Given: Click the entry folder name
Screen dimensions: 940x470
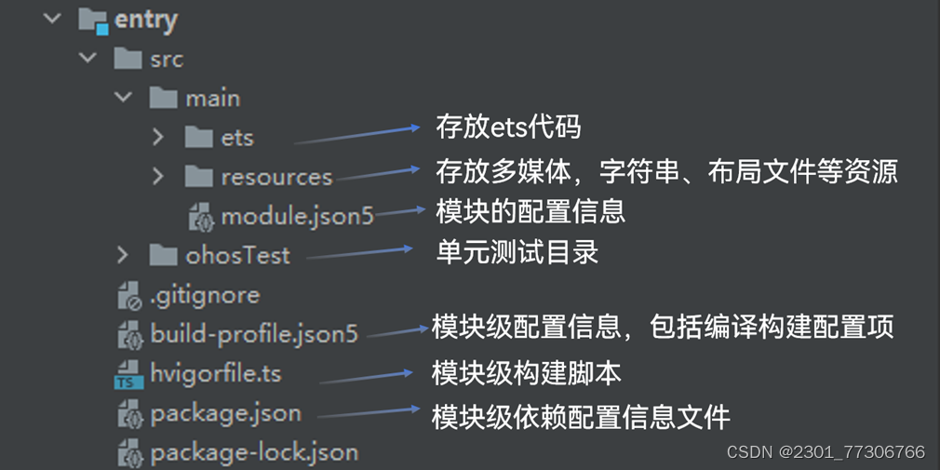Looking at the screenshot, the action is click(146, 20).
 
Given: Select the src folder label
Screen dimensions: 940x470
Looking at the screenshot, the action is click(167, 59).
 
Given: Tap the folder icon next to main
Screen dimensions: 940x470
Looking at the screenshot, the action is click(163, 98).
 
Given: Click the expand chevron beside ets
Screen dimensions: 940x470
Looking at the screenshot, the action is click(158, 137).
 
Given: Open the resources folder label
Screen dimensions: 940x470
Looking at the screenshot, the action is click(276, 177).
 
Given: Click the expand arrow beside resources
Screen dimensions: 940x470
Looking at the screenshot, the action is click(158, 177).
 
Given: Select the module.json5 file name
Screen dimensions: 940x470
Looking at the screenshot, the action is click(297, 217).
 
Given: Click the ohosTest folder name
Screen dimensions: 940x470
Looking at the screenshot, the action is click(237, 255).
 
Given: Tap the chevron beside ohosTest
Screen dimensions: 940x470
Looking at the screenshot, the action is click(123, 255).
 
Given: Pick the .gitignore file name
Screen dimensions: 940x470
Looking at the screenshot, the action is click(205, 295).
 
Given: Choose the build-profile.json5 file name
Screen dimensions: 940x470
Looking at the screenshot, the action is click(254, 334).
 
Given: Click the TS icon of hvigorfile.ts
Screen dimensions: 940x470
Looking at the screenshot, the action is click(128, 375).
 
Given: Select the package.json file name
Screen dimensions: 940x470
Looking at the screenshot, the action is click(225, 413).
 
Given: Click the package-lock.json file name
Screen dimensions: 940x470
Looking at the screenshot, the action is click(254, 453).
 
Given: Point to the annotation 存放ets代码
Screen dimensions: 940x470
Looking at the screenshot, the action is click(508, 127).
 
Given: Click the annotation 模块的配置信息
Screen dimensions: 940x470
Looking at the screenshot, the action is click(530, 210).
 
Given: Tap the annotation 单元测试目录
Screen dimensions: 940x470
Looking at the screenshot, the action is click(517, 252).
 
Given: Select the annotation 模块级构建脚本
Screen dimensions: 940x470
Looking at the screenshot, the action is click(526, 373).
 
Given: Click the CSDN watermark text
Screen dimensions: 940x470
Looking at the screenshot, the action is click(826, 452).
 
